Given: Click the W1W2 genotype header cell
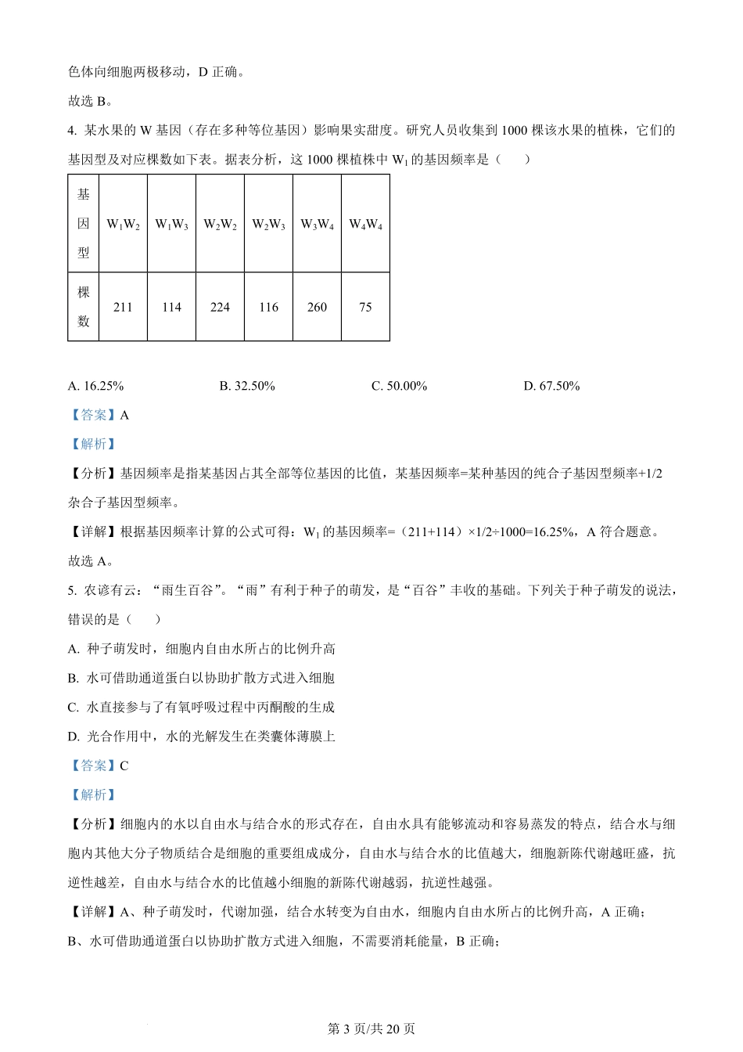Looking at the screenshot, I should pyautogui.click(x=124, y=225).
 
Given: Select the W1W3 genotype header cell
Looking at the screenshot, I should pyautogui.click(x=172, y=225).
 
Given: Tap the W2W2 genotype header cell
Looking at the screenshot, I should pyautogui.click(x=221, y=225).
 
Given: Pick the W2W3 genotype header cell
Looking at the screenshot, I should pyautogui.click(x=269, y=225).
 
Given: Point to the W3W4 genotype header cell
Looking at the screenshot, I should pyautogui.click(x=318, y=225).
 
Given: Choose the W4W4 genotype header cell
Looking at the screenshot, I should pyautogui.click(x=366, y=225).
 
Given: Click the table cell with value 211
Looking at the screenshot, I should pyautogui.click(x=124, y=307).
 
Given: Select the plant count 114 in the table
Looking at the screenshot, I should pyautogui.click(x=172, y=307).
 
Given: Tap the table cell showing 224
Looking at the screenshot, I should pyautogui.click(x=221, y=307).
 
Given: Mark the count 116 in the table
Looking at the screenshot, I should pyautogui.click(x=269, y=307).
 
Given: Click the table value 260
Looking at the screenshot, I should pyautogui.click(x=318, y=307).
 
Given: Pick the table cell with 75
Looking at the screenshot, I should pyautogui.click(x=366, y=307).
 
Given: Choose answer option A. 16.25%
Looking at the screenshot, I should pyautogui.click(x=96, y=386).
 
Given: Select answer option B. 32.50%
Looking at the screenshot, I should pyautogui.click(x=247, y=386).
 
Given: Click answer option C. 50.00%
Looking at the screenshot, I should pyautogui.click(x=399, y=386).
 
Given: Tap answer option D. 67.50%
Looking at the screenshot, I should pyautogui.click(x=551, y=386).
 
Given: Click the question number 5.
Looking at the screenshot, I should pyautogui.click(x=72, y=590).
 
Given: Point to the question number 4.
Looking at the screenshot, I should pyautogui.click(x=72, y=131).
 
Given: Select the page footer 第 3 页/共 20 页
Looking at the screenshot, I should pyautogui.click(x=371, y=1029).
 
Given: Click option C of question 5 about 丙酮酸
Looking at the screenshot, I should pyautogui.click(x=202, y=708).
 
